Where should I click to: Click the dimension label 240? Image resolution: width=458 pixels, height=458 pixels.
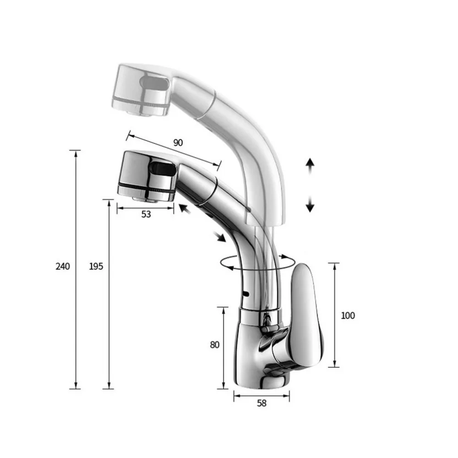pyautogui.click(x=63, y=267)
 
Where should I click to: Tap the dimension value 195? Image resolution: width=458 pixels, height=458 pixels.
pyautogui.click(x=96, y=267)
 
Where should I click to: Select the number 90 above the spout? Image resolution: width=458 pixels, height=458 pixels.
pyautogui.click(x=178, y=142)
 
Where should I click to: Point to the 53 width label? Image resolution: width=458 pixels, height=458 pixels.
pyautogui.click(x=146, y=214)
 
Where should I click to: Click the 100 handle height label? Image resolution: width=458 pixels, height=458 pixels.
pyautogui.click(x=348, y=316)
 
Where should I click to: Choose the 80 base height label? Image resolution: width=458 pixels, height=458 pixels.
pyautogui.click(x=215, y=345)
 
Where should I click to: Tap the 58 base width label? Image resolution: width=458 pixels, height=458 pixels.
pyautogui.click(x=262, y=403)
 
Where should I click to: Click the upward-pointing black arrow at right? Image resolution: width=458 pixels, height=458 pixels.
pyautogui.click(x=310, y=167)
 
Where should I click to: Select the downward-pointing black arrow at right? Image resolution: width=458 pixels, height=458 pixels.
pyautogui.click(x=310, y=204)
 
